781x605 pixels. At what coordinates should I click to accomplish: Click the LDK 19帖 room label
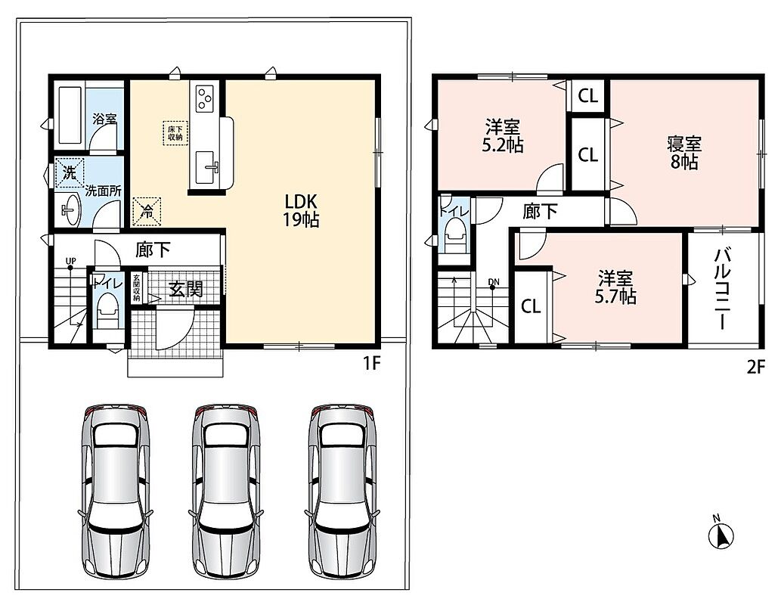(302, 210)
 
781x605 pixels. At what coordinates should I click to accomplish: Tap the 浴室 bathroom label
(104, 119)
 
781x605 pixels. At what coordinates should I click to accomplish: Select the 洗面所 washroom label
(103, 191)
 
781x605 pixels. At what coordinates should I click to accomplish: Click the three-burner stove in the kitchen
(205, 98)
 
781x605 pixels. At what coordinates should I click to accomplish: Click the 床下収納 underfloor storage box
(175, 133)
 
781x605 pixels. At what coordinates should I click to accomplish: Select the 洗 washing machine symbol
(70, 172)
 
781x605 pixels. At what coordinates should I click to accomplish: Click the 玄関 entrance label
(186, 289)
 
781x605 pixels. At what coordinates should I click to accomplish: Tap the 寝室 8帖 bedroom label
(684, 153)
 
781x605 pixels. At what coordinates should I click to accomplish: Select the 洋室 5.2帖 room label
(503, 135)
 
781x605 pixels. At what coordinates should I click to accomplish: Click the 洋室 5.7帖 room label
(615, 287)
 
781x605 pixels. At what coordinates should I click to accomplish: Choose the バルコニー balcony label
(723, 289)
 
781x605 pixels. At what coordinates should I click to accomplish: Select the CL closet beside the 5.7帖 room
(531, 306)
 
